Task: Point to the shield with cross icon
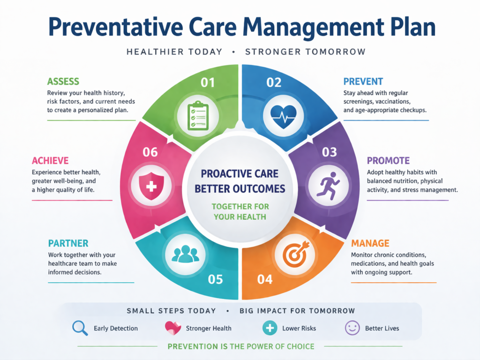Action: point(151,186)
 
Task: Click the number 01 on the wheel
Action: point(207,82)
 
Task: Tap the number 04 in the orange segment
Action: point(265,279)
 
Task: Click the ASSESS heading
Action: point(63,82)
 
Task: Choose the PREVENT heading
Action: point(363,82)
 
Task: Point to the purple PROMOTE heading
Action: point(388,161)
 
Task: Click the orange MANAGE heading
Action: point(370,243)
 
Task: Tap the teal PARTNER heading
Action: point(68,243)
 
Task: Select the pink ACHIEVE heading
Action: point(50,161)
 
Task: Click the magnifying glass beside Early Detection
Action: point(80,328)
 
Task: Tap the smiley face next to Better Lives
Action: point(352,328)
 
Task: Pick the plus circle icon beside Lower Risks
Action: point(270,328)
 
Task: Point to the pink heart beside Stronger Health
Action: point(173,328)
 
